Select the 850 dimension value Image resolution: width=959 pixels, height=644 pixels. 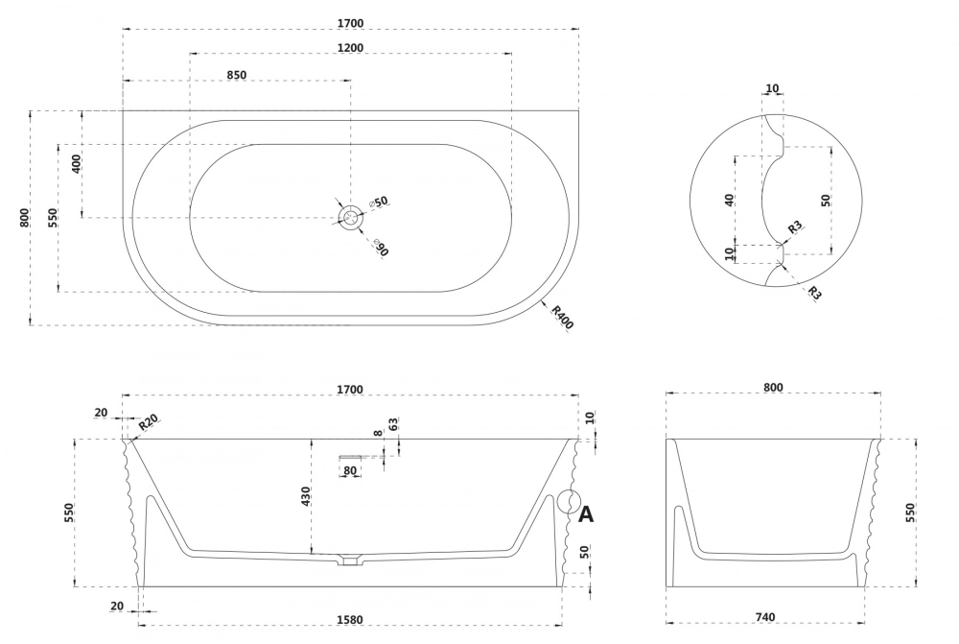click(237, 74)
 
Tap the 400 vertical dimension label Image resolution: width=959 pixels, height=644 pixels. click(77, 163)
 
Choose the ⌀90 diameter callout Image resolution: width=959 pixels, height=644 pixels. click(380, 249)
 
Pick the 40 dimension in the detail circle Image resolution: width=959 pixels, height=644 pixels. click(730, 200)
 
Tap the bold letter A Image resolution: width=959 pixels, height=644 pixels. click(585, 514)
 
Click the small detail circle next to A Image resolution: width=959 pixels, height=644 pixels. click(567, 502)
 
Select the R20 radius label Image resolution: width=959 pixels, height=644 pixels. click(148, 423)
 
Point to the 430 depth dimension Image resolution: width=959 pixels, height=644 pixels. click(305, 496)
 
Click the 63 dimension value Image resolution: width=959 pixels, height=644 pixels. click(393, 424)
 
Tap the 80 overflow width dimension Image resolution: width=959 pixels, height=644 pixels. click(350, 470)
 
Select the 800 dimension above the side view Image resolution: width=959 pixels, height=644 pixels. click(773, 388)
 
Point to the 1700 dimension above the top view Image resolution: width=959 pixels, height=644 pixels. click(350, 23)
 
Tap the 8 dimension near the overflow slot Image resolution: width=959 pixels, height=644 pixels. click(379, 434)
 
